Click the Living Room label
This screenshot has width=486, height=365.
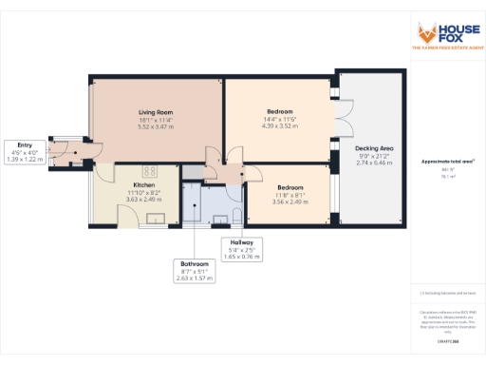pos(155,112)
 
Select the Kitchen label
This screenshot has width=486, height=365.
pos(130,185)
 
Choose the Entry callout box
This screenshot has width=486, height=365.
pos(26,153)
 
